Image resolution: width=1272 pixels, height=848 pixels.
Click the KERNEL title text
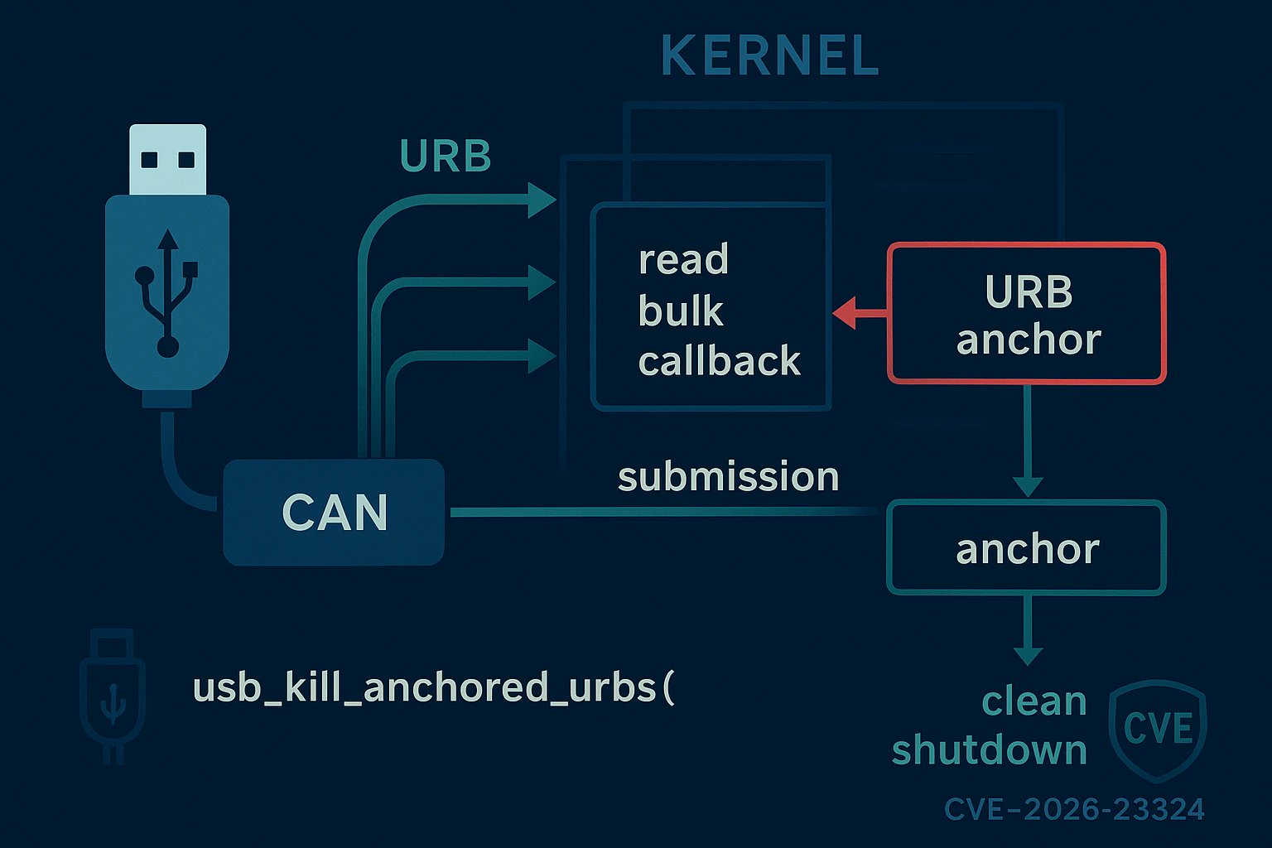click(x=769, y=56)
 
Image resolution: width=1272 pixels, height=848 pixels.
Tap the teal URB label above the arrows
click(x=446, y=156)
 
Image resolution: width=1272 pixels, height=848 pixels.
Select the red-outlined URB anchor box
click(x=1027, y=314)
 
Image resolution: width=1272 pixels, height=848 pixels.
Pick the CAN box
click(x=334, y=513)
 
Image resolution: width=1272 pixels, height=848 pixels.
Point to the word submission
click(x=728, y=477)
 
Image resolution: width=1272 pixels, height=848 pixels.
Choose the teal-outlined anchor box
click(x=1027, y=548)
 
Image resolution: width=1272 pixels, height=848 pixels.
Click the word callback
click(x=719, y=362)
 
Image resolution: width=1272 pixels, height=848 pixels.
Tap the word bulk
click(x=681, y=311)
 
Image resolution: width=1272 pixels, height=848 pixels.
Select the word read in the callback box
click(x=683, y=260)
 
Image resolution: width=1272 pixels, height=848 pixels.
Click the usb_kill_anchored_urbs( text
click(x=433, y=688)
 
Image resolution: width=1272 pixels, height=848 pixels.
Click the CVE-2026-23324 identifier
click(x=1074, y=809)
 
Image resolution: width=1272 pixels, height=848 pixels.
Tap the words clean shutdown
click(x=990, y=726)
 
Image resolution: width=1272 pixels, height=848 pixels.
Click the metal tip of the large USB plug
click(x=168, y=159)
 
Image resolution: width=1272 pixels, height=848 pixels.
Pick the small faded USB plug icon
click(x=112, y=694)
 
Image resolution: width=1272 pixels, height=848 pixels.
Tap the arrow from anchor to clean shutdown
click(x=1027, y=629)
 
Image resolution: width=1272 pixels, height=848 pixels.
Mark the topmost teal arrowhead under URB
click(x=542, y=199)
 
